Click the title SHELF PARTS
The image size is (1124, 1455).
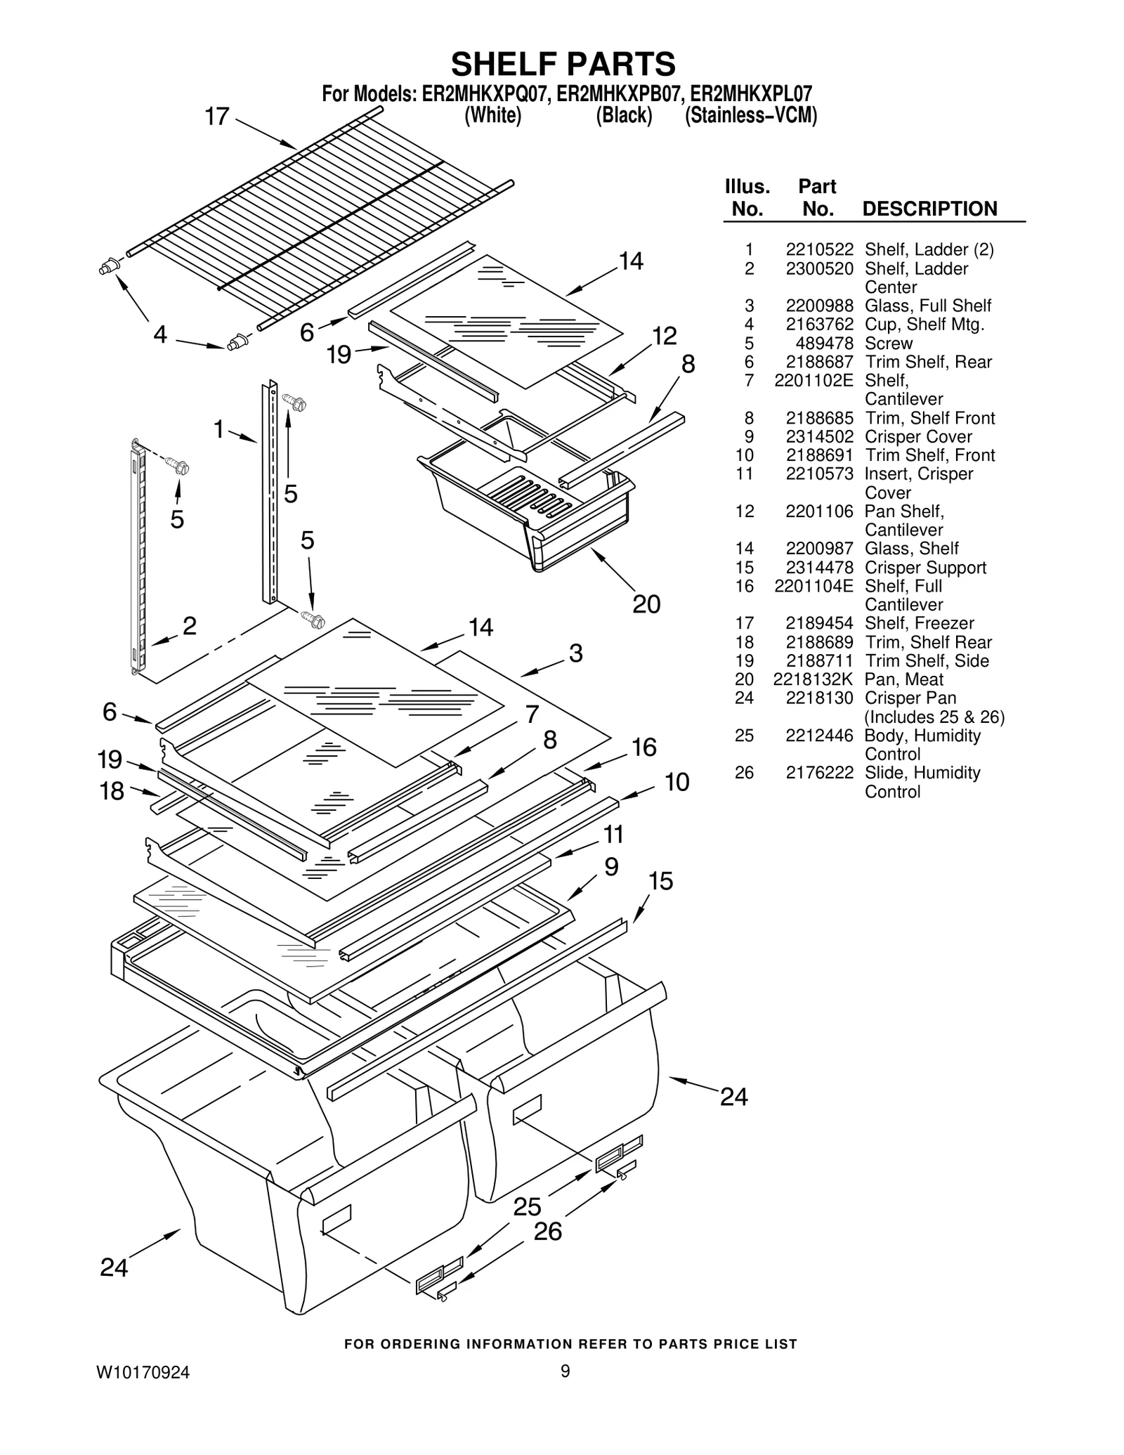[563, 64]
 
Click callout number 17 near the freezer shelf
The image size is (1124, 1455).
[217, 116]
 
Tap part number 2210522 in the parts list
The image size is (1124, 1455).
[819, 249]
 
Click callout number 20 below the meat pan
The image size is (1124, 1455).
[646, 603]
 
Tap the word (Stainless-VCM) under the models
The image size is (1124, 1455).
[751, 115]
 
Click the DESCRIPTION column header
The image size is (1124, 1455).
[929, 209]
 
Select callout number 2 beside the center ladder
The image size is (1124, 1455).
[189, 625]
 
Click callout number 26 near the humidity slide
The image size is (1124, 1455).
[548, 1231]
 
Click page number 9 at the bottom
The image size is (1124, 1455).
[566, 1371]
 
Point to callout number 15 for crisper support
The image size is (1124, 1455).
[660, 881]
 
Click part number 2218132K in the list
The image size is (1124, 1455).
[813, 679]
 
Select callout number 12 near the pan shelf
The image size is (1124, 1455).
[664, 336]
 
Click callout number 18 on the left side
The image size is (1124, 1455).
[112, 791]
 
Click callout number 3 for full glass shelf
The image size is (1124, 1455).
[575, 653]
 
